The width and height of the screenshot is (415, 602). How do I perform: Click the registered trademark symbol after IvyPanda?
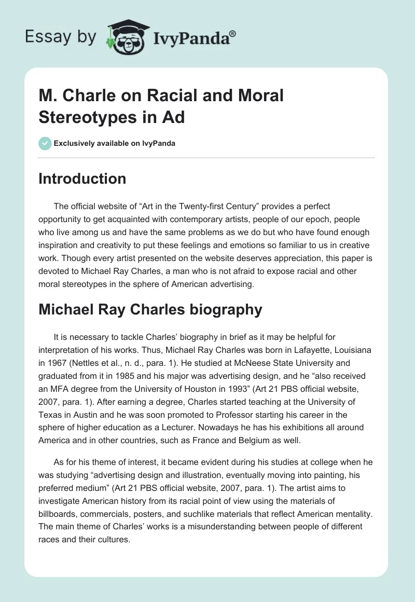tap(233, 34)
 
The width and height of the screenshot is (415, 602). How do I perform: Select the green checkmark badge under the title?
tap(45, 143)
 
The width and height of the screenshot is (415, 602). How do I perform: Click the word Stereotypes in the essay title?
tap(86, 117)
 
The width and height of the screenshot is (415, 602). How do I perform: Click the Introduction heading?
tap(82, 179)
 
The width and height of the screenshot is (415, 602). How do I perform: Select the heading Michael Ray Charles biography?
tap(150, 310)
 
